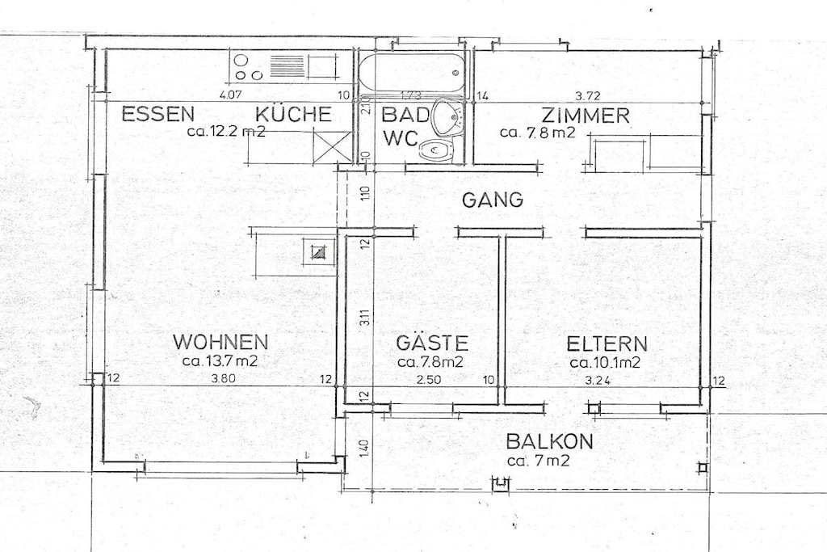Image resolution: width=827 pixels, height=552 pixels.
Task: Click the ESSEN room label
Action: click(x=157, y=114)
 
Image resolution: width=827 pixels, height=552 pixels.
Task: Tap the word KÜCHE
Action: click(x=294, y=113)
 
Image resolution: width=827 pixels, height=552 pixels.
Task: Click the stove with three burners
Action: click(x=249, y=67)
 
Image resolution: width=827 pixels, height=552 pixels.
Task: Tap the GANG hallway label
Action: click(x=493, y=200)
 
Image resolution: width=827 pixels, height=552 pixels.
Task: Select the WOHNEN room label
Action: click(x=220, y=342)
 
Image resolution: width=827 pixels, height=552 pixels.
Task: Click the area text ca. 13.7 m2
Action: click(x=220, y=361)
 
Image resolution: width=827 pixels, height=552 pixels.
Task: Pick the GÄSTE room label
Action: click(x=432, y=342)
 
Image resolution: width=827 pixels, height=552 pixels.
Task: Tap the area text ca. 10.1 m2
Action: click(x=605, y=363)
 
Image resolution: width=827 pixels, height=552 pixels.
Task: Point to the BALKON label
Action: click(x=549, y=441)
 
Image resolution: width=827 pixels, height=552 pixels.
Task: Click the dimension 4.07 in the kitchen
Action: click(x=230, y=95)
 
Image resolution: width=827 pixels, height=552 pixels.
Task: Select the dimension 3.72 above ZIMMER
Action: click(x=587, y=96)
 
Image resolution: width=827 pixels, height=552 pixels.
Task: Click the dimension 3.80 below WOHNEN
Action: click(x=223, y=378)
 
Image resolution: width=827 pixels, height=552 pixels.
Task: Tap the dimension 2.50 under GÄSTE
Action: click(x=428, y=379)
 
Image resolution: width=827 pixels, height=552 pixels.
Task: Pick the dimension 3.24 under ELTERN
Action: click(x=598, y=380)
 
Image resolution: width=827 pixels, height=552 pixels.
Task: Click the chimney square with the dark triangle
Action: click(x=318, y=252)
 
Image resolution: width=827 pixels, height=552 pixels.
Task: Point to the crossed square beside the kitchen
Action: click(x=331, y=147)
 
